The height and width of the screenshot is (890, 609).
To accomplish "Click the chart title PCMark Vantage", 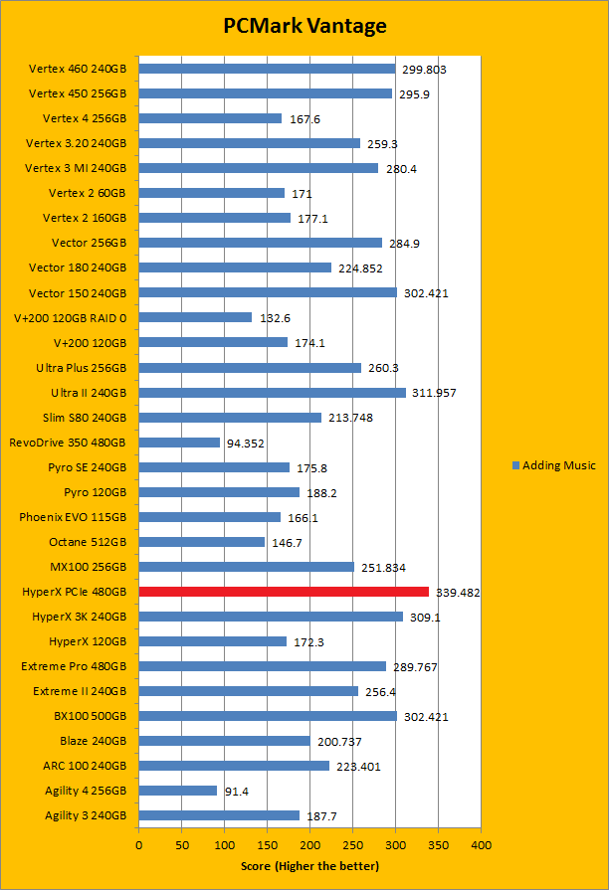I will click(304, 27).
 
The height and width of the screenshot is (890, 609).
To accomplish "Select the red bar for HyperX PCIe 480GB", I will click(284, 592).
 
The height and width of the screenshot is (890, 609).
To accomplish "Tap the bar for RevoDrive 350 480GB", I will click(179, 443).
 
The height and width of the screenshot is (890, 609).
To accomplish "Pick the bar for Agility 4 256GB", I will click(177, 791).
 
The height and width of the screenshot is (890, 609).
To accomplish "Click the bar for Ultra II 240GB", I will click(272, 393).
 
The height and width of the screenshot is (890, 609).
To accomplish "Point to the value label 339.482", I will click(458, 592).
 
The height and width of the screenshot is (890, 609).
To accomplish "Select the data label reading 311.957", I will click(435, 393).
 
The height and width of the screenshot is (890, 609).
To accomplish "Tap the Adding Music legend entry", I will click(554, 465).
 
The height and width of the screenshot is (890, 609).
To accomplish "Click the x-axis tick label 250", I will click(352, 844).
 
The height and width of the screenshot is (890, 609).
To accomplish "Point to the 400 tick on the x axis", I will click(481, 844).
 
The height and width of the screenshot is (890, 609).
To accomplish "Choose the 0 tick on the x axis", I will click(138, 844).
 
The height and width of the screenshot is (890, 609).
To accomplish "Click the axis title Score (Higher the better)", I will click(309, 865).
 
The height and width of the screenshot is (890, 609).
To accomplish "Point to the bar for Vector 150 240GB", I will click(268, 292).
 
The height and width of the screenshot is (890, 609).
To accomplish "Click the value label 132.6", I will click(276, 318).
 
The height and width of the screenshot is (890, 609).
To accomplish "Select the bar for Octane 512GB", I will click(201, 542).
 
